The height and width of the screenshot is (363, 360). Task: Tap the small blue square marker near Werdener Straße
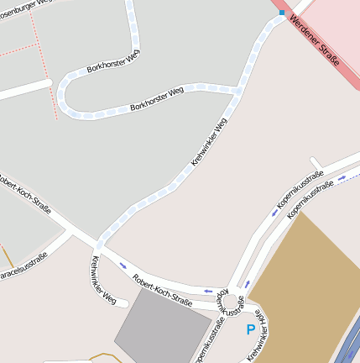(x=282, y=13)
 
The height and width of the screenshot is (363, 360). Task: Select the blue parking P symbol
(x=251, y=330)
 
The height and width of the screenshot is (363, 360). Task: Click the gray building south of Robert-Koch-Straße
(x=159, y=327)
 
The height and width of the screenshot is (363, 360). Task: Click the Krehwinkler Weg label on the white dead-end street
(x=102, y=280)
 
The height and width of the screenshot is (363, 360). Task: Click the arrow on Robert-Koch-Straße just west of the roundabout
(x=207, y=290)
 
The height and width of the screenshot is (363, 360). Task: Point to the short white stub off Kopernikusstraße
(x=316, y=162)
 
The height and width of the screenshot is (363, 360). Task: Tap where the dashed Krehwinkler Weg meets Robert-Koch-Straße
(x=99, y=245)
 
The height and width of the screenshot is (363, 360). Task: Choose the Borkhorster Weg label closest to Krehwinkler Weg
(x=157, y=101)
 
